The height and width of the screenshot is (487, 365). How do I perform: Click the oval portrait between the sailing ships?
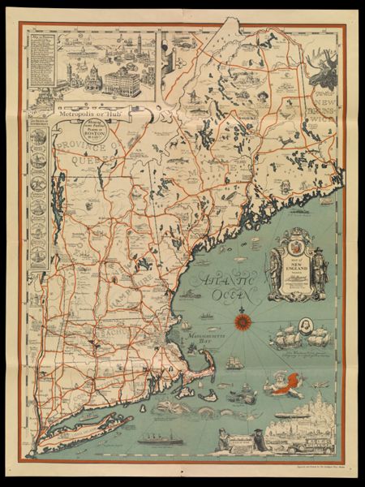click(x=298, y=333)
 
